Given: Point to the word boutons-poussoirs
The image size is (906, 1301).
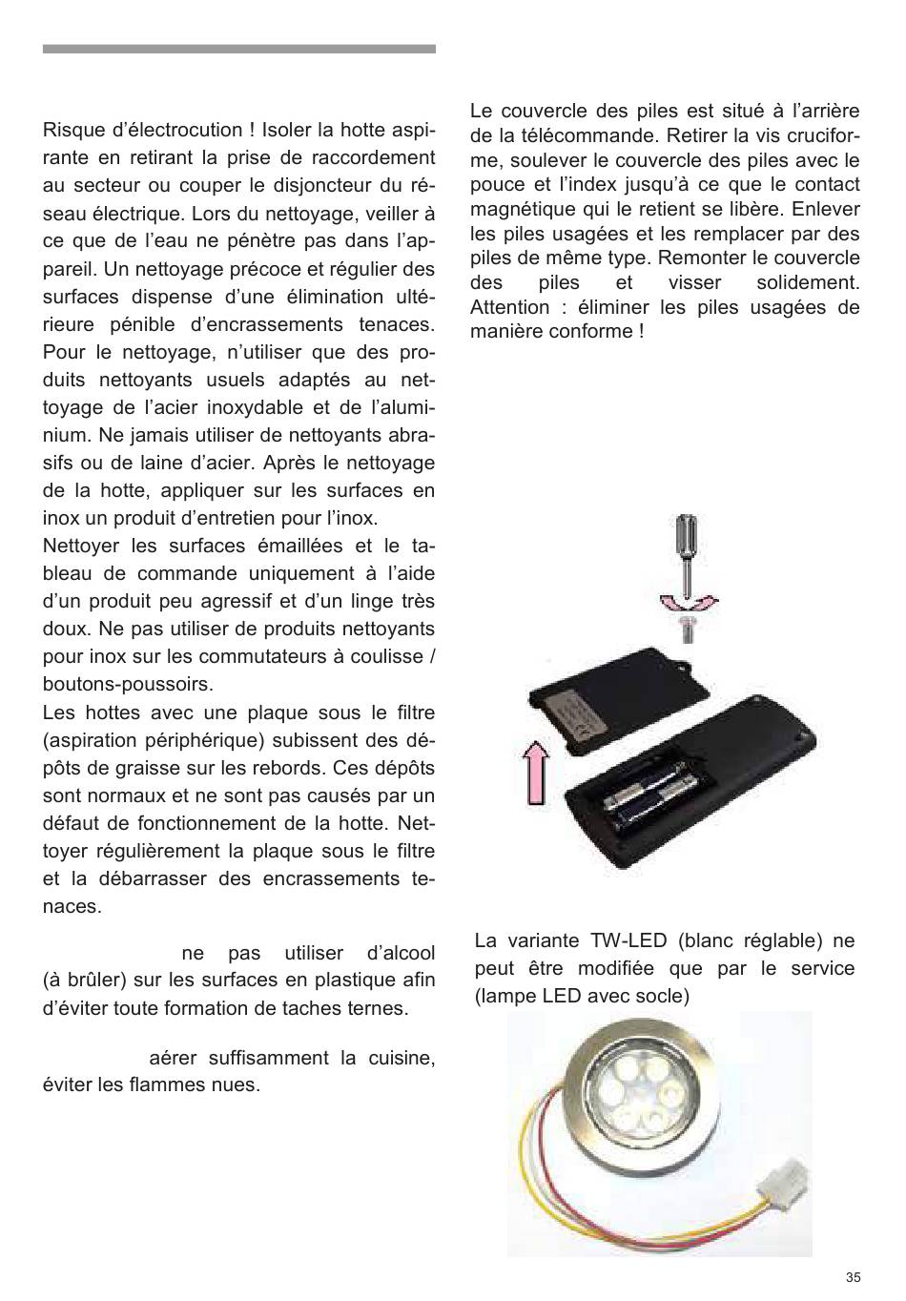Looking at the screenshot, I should [128, 685].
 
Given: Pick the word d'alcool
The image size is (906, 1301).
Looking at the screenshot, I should [401, 953].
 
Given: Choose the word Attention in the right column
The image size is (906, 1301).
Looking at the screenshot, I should [509, 307].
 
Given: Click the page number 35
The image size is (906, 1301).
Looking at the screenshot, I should [853, 1278].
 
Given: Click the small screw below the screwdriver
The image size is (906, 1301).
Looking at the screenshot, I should [688, 628].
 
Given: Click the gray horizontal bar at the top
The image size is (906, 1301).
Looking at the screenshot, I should [239, 49].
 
